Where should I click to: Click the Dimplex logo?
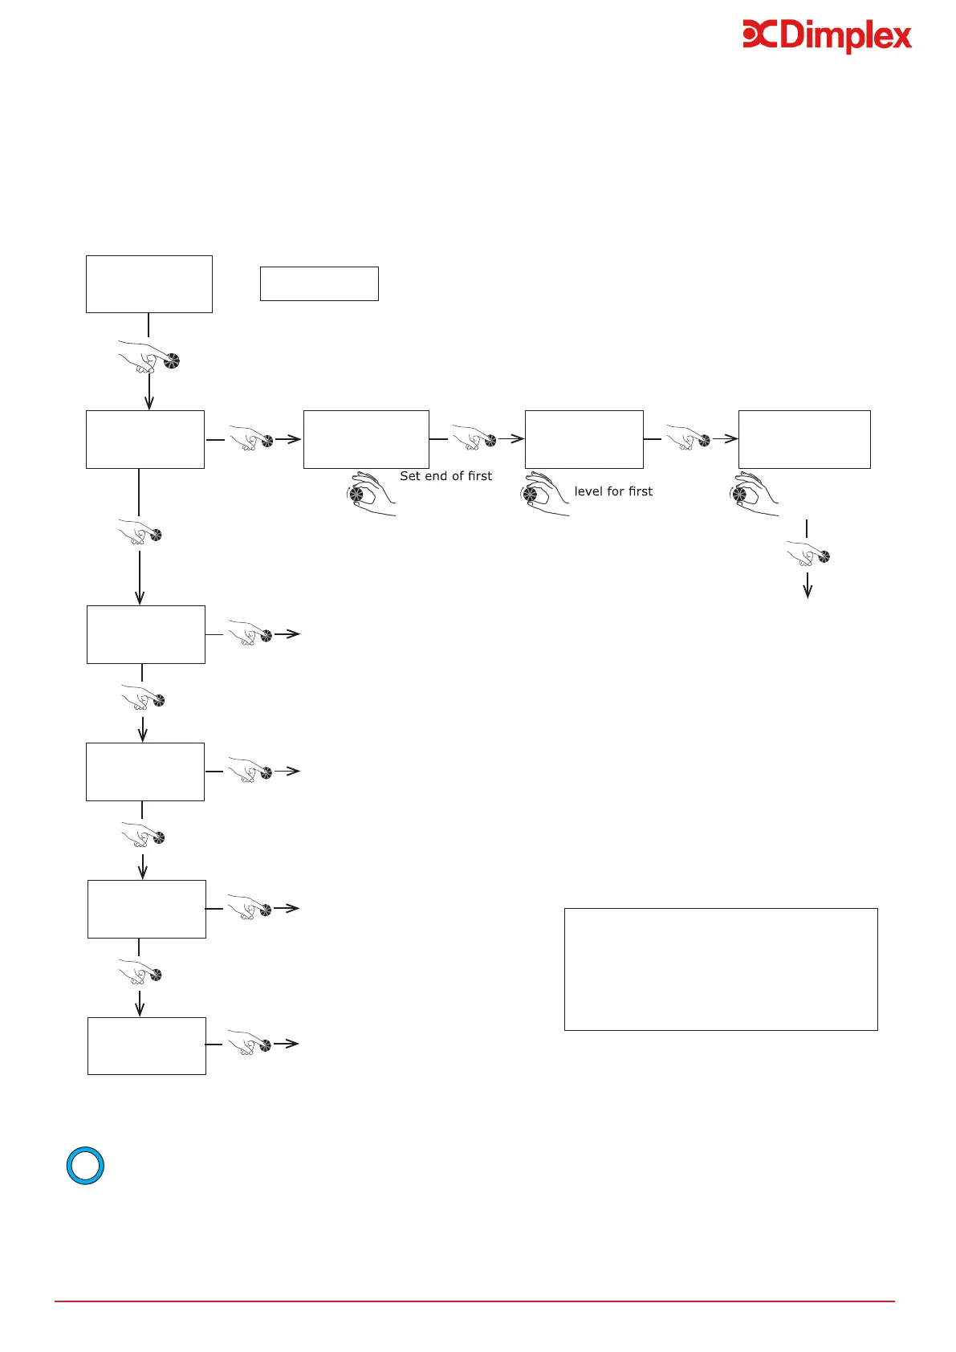827,37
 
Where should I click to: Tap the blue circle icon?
85,1166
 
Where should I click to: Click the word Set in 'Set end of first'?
410,476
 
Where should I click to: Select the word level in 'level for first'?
588,491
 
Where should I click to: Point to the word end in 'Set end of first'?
436,476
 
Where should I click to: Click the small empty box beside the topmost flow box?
319,283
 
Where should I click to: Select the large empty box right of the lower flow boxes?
720,969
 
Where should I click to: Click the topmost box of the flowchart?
148,283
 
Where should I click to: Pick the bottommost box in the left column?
146,1045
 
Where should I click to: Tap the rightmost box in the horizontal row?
803,439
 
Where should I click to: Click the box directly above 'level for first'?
584,439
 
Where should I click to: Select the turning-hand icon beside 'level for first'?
544,494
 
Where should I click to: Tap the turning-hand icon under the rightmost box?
754,494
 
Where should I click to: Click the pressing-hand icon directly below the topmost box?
149,356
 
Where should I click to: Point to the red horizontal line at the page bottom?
474,1301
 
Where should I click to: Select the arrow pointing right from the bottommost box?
287,1044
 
